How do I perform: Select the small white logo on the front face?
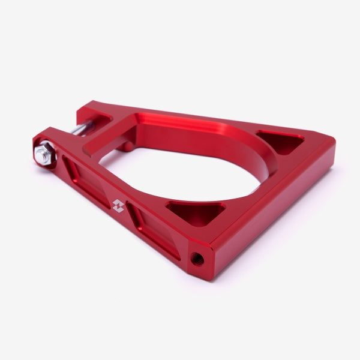(x=118, y=205)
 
